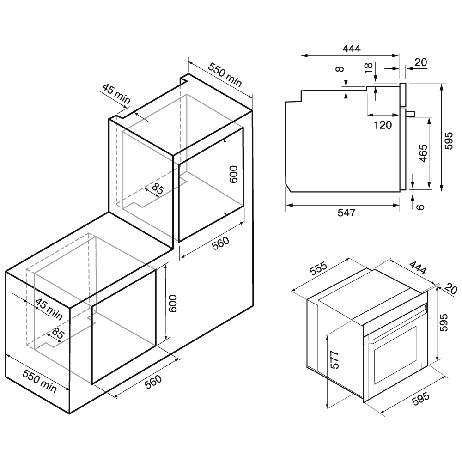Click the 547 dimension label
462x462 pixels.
[x=346, y=213]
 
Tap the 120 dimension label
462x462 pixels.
[x=383, y=124]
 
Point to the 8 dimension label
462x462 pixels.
[x=340, y=70]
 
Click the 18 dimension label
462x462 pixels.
[x=368, y=68]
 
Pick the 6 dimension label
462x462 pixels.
[x=419, y=206]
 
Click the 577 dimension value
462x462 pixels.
[x=335, y=359]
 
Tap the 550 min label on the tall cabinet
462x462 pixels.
[x=225, y=74]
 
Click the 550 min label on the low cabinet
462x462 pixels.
[x=40, y=381]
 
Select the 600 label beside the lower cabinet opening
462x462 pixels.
[x=173, y=303]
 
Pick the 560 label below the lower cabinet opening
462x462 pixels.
[x=152, y=383]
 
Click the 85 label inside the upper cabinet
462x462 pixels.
[x=158, y=189]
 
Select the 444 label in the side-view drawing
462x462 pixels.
[x=350, y=49]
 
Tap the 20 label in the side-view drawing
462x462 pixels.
[x=421, y=62]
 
